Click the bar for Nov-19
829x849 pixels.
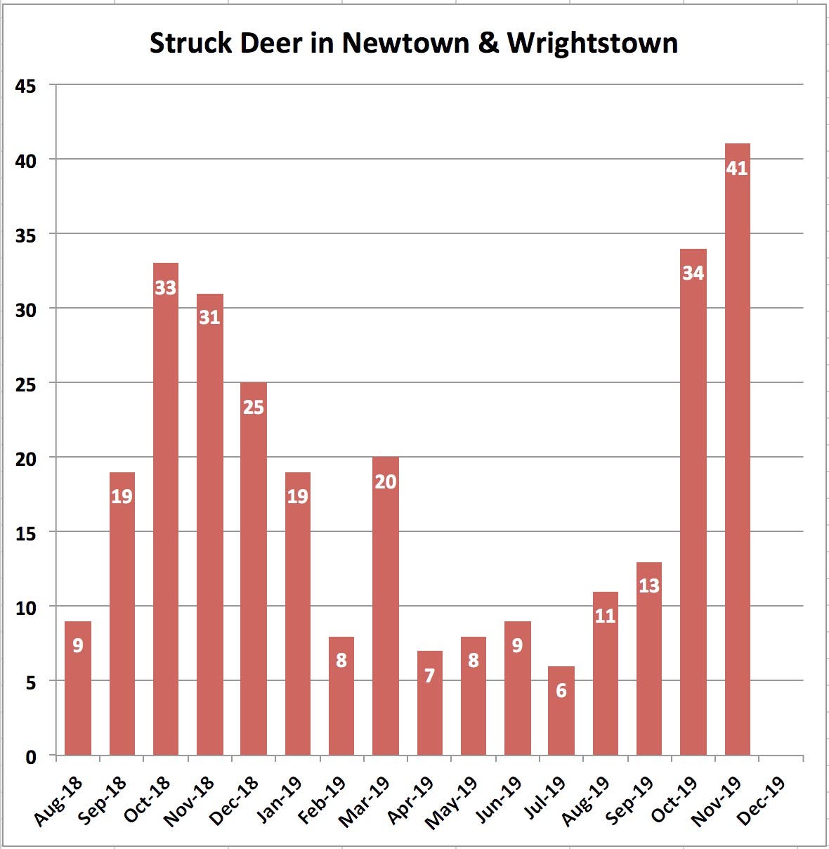point(737,450)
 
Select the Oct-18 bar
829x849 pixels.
point(166,510)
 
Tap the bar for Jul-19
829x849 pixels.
point(561,711)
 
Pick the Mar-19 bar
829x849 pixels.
point(386,607)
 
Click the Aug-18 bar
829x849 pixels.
point(78,689)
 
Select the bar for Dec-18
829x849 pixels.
point(254,569)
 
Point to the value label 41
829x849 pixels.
point(737,169)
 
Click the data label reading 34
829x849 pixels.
point(693,273)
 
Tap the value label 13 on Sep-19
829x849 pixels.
point(649,585)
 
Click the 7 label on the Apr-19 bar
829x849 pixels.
point(429,675)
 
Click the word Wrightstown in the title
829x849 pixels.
point(592,44)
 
